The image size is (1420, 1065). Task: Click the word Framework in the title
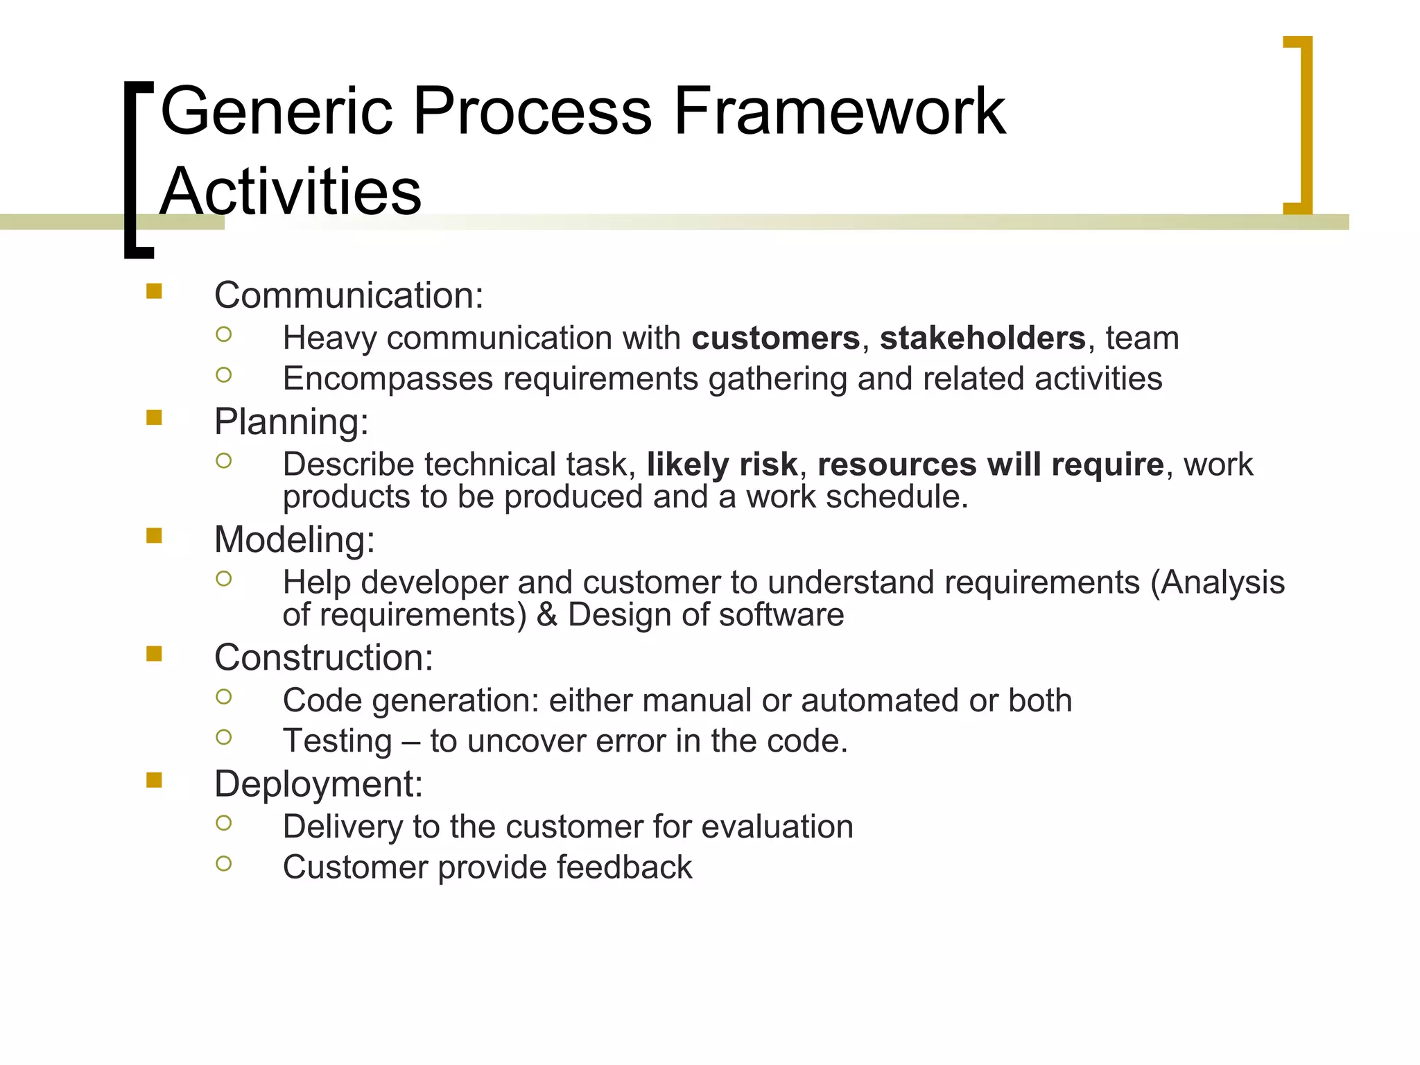coord(839,111)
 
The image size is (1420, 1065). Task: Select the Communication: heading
coord(349,295)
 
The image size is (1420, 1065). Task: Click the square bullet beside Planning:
coord(154,417)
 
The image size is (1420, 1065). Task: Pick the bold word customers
coord(775,338)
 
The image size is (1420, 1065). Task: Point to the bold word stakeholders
coord(982,338)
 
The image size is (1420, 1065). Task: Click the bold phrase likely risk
coord(722,465)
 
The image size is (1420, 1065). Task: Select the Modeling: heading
coord(295,539)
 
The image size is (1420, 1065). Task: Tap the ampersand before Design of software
coord(546,615)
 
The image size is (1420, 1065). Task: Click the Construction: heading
coord(324,657)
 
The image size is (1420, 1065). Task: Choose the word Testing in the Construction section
coord(338,741)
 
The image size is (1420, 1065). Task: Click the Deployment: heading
coord(318,784)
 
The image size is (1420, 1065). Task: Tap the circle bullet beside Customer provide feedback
coord(223,864)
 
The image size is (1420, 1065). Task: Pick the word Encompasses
coord(388,379)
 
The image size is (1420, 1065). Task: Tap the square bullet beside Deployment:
coord(154,781)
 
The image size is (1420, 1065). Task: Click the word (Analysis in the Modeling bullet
coord(1217,582)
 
